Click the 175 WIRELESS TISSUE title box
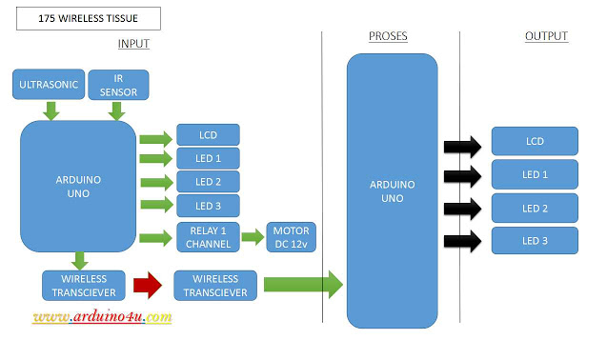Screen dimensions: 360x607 pyautogui.click(x=89, y=18)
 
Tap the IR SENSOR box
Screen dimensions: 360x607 pyautogui.click(x=117, y=84)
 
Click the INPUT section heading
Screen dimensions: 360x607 pyautogui.click(x=133, y=44)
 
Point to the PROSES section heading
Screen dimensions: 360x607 pyautogui.click(x=388, y=36)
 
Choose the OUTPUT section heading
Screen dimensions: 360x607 pyautogui.click(x=546, y=36)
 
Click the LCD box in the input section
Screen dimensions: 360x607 pyautogui.click(x=208, y=134)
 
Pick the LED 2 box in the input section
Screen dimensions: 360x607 pyautogui.click(x=208, y=181)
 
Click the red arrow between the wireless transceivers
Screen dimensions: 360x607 pyautogui.click(x=148, y=284)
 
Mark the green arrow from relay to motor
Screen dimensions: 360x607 pyautogui.click(x=253, y=236)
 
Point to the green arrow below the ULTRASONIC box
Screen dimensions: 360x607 pyautogui.click(x=51, y=111)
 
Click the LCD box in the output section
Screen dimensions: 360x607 pyautogui.click(x=535, y=141)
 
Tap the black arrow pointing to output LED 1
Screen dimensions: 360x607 pyautogui.click(x=463, y=174)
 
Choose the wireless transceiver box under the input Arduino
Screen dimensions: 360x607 pyautogui.click(x=80, y=284)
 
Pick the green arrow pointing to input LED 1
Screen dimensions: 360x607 pyautogui.click(x=155, y=159)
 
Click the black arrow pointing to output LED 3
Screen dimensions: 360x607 pyautogui.click(x=463, y=241)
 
